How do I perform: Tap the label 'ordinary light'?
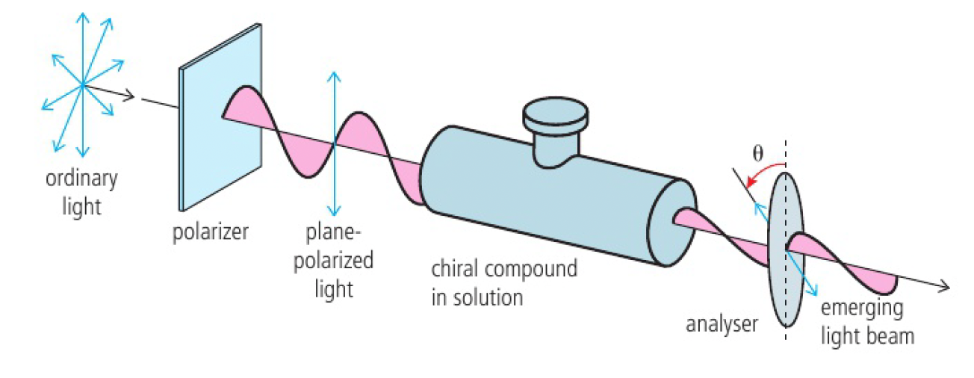[x=81, y=192]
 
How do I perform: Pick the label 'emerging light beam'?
[x=866, y=322]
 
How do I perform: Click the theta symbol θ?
[x=757, y=154]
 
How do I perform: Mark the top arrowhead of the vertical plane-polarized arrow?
[x=334, y=77]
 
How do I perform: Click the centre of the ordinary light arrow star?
[x=82, y=85]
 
